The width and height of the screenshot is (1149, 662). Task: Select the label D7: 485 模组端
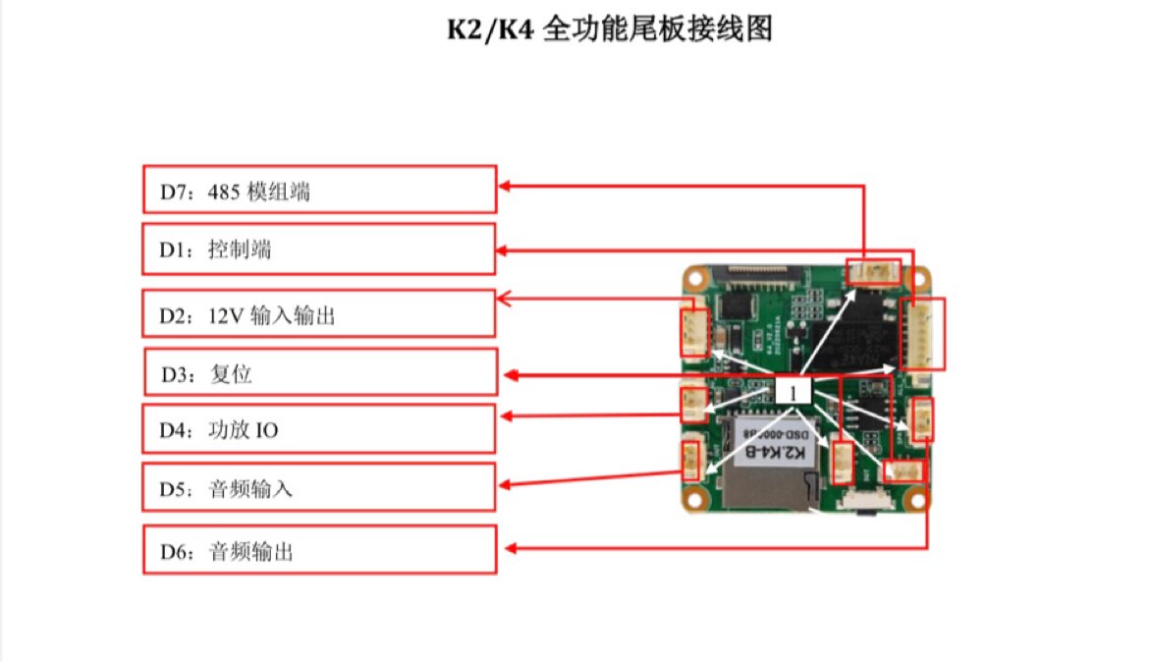coord(319,189)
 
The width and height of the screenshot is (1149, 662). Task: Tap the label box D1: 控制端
coord(319,249)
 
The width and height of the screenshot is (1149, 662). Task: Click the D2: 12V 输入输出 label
coord(319,314)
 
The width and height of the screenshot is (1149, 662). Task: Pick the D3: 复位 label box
coord(321,372)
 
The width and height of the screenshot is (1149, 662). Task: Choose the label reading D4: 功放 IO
coord(319,429)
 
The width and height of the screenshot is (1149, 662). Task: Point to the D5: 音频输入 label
coord(319,487)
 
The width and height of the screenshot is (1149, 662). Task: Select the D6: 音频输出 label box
coord(319,550)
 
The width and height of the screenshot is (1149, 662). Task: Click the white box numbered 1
coord(793,390)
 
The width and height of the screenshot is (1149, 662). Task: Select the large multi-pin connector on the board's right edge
coord(923,334)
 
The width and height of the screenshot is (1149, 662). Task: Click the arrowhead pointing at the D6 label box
coord(510,548)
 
